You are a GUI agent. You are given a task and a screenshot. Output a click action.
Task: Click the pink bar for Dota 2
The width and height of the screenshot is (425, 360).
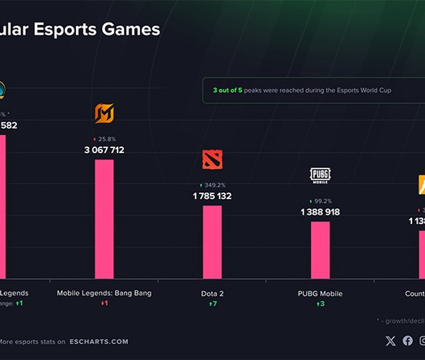click(x=212, y=241)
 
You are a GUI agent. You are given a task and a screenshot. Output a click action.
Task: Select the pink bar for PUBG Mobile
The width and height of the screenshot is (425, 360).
click(x=321, y=249)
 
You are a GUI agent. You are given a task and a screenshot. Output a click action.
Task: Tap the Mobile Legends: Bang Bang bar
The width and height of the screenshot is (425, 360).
click(x=104, y=218)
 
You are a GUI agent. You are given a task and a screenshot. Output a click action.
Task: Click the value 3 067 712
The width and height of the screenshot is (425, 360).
click(x=104, y=150)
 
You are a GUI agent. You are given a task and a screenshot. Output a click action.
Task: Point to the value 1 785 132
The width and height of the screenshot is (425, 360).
click(x=212, y=196)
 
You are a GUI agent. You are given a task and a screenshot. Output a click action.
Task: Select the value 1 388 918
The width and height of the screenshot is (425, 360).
click(x=320, y=212)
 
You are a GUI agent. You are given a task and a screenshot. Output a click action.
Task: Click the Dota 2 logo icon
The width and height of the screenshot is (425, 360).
click(x=212, y=160)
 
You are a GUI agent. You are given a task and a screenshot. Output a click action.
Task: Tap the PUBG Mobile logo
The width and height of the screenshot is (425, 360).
click(x=320, y=176)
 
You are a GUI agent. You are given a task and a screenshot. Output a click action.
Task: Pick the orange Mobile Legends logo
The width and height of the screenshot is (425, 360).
click(x=104, y=114)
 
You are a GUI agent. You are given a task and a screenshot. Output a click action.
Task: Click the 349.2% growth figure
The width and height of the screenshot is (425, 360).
click(x=212, y=185)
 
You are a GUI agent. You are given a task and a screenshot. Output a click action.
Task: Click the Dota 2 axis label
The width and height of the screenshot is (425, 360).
click(x=212, y=293)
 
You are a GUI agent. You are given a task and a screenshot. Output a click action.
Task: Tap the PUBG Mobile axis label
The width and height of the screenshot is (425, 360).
click(x=320, y=293)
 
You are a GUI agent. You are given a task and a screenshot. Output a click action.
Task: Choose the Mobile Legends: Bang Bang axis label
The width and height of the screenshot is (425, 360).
click(x=104, y=293)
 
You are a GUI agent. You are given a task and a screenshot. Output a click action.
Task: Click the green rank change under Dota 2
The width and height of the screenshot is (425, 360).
click(x=212, y=303)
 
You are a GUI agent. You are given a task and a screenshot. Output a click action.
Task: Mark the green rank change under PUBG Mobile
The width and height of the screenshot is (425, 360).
click(x=320, y=303)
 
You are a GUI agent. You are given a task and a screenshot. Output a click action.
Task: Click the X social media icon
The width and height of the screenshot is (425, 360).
click(x=391, y=341)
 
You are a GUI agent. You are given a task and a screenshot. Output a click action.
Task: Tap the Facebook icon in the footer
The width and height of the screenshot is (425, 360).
click(x=407, y=341)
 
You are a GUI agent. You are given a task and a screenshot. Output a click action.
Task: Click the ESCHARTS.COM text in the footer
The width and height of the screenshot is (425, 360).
click(x=99, y=341)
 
